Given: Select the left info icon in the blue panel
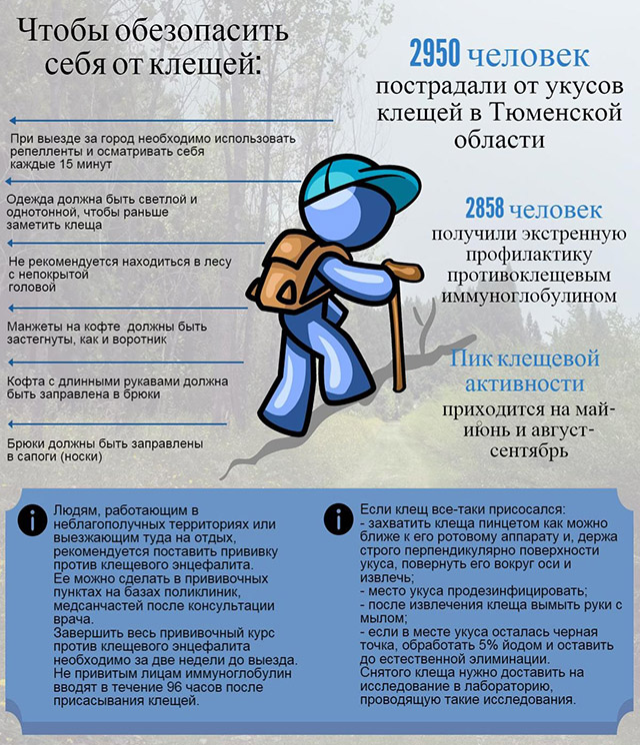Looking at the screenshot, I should (x=35, y=520).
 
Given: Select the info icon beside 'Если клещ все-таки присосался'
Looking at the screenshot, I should (x=338, y=520).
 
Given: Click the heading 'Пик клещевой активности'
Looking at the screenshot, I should (x=525, y=371).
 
